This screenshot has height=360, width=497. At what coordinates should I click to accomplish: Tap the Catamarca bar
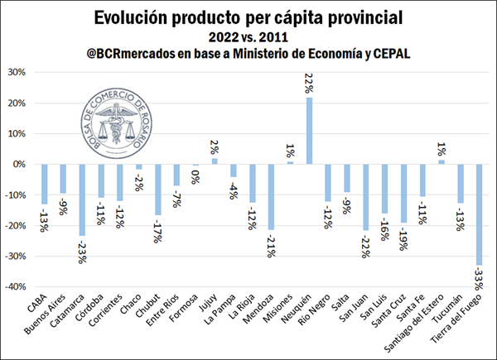point(81,199)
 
